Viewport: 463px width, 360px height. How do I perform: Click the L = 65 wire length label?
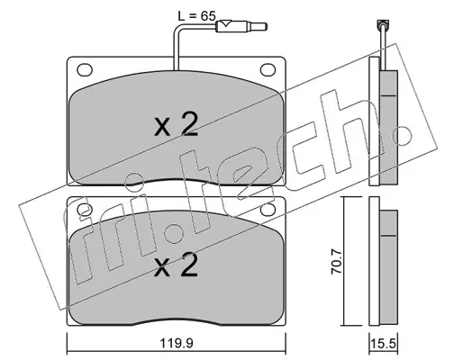[x=196, y=15]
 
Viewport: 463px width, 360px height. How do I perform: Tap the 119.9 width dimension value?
[x=177, y=343]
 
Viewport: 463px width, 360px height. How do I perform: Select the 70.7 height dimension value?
[x=336, y=259]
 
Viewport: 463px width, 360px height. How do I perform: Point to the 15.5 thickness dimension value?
[x=383, y=343]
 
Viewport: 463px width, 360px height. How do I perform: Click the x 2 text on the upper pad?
[x=176, y=125]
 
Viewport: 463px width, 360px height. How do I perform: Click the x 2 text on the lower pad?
[x=176, y=265]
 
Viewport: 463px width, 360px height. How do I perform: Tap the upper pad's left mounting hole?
[x=85, y=69]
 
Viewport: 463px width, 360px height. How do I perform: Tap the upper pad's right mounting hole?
[x=268, y=69]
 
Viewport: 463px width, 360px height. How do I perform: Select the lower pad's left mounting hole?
[x=85, y=210]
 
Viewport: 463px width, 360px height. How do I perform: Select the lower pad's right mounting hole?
[x=268, y=210]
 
